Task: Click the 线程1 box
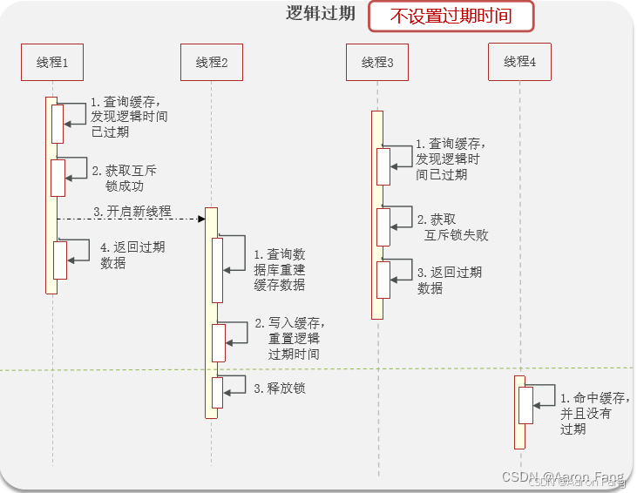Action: (x=52, y=63)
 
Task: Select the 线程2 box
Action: (x=212, y=63)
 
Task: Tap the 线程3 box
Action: (x=377, y=63)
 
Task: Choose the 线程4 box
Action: (x=519, y=62)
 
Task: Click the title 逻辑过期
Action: (x=321, y=14)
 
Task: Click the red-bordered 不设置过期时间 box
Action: (x=451, y=16)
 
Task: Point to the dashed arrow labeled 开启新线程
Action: (x=131, y=219)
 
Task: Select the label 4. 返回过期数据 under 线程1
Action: (x=132, y=254)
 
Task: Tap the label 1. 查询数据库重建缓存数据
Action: (x=280, y=269)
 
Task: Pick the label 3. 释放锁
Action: (x=280, y=388)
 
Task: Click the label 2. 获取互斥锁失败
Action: (x=448, y=226)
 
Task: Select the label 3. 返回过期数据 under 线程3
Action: (x=449, y=280)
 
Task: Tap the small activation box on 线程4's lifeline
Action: (x=525, y=405)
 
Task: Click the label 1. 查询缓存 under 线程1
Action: (x=129, y=116)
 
